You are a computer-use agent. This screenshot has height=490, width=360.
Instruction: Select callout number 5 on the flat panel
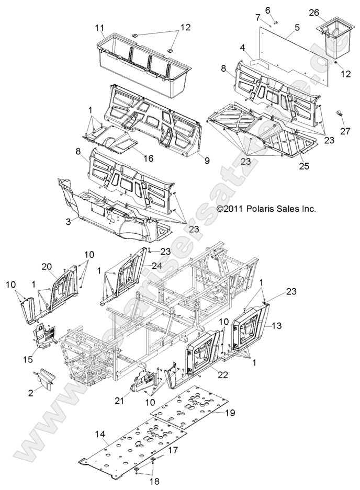coord(297,27)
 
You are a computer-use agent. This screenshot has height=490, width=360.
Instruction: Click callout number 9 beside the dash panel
coord(207,161)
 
